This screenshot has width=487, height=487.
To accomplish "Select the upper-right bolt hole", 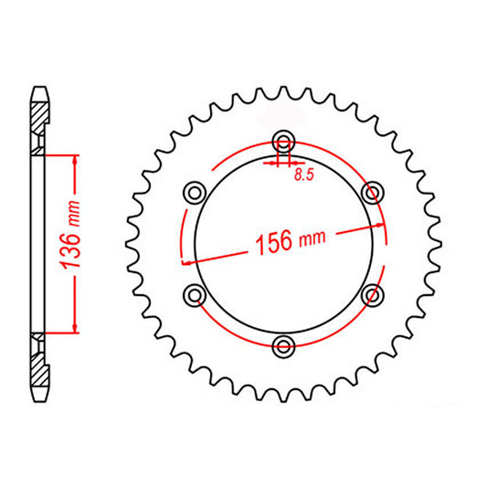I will (x=372, y=192).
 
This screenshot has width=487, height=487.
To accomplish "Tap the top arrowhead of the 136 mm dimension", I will (x=74, y=157).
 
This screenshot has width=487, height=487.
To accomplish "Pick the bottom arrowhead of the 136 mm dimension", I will (x=74, y=328).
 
